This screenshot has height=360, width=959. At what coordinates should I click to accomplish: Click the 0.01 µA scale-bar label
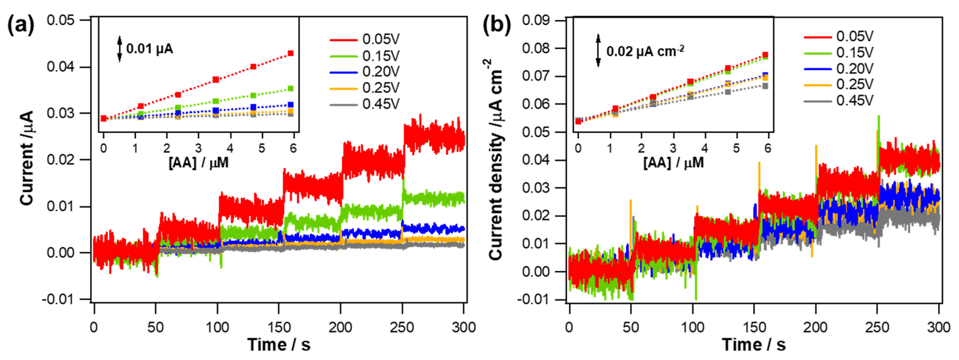(x=150, y=49)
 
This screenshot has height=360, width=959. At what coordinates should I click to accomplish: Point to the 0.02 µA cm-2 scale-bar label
(x=645, y=51)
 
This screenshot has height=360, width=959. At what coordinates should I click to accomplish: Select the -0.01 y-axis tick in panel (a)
(x=61, y=299)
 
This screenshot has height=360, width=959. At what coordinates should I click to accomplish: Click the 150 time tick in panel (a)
(x=279, y=328)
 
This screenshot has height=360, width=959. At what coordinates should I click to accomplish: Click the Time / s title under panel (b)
(x=754, y=345)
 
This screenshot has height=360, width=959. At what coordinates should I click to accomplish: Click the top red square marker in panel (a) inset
(x=291, y=53)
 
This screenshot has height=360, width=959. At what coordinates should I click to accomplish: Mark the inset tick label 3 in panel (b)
(x=673, y=148)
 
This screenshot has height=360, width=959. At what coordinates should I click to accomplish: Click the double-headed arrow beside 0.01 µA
(x=120, y=49)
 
